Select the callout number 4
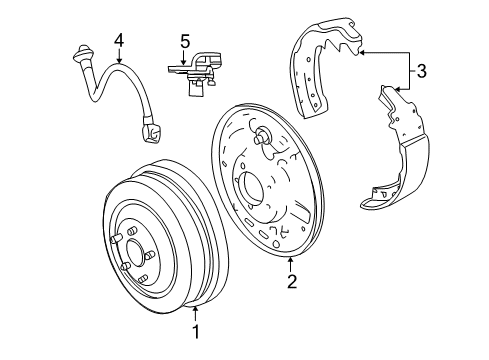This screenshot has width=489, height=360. pos(118,41)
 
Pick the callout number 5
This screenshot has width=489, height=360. pos(184,42)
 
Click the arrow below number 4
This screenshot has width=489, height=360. pos(118,58)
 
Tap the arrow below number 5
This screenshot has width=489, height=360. pos(184,60)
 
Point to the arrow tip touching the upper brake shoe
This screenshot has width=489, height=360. pos(360,50)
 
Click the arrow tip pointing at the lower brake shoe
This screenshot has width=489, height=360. pos(397,91)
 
